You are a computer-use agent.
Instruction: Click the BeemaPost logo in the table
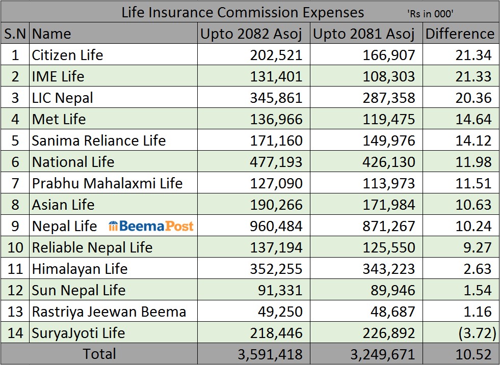click(x=151, y=226)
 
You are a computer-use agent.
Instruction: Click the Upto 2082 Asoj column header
click(x=252, y=34)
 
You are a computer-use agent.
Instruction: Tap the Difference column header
click(x=460, y=34)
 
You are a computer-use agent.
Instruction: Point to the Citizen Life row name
click(x=67, y=55)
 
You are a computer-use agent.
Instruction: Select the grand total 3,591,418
click(x=270, y=354)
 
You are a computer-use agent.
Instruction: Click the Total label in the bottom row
click(x=99, y=354)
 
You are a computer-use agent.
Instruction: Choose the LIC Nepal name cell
click(x=62, y=98)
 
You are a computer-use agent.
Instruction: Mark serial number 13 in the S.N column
click(x=15, y=312)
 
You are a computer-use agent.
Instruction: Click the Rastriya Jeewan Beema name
click(x=109, y=312)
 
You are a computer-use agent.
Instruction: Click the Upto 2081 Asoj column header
click(x=364, y=34)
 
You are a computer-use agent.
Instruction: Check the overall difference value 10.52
click(x=474, y=354)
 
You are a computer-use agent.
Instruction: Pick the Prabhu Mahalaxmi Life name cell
click(x=107, y=183)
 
